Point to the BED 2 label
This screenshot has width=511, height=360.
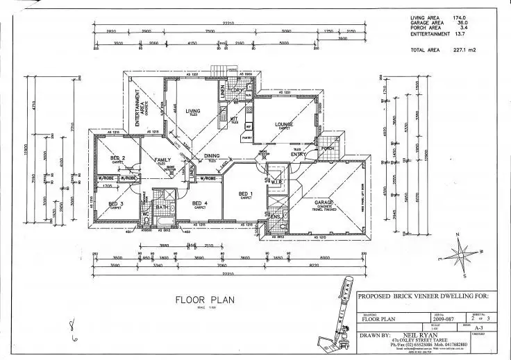tap(117, 158)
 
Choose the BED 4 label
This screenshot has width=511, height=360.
tap(201, 203)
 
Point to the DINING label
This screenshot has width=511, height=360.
tap(212, 156)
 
